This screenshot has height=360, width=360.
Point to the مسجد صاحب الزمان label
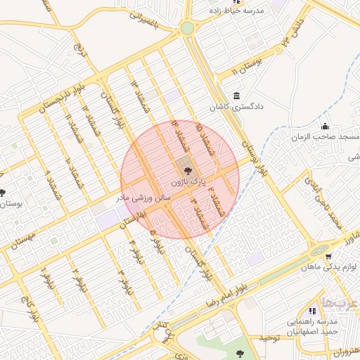(x=326, y=136)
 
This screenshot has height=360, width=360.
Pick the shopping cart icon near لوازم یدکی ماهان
(x=329, y=256)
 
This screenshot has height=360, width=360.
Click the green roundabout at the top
(x=187, y=28)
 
